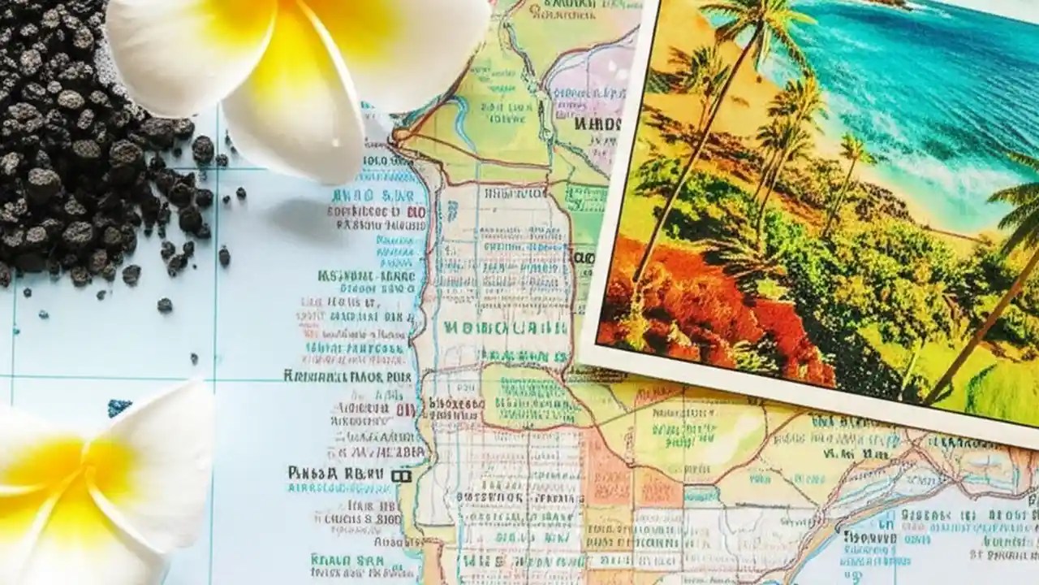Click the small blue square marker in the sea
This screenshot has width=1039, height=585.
(119, 406)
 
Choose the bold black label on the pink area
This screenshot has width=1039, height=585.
(597, 124)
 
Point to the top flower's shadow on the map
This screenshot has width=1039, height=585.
(308, 219)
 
